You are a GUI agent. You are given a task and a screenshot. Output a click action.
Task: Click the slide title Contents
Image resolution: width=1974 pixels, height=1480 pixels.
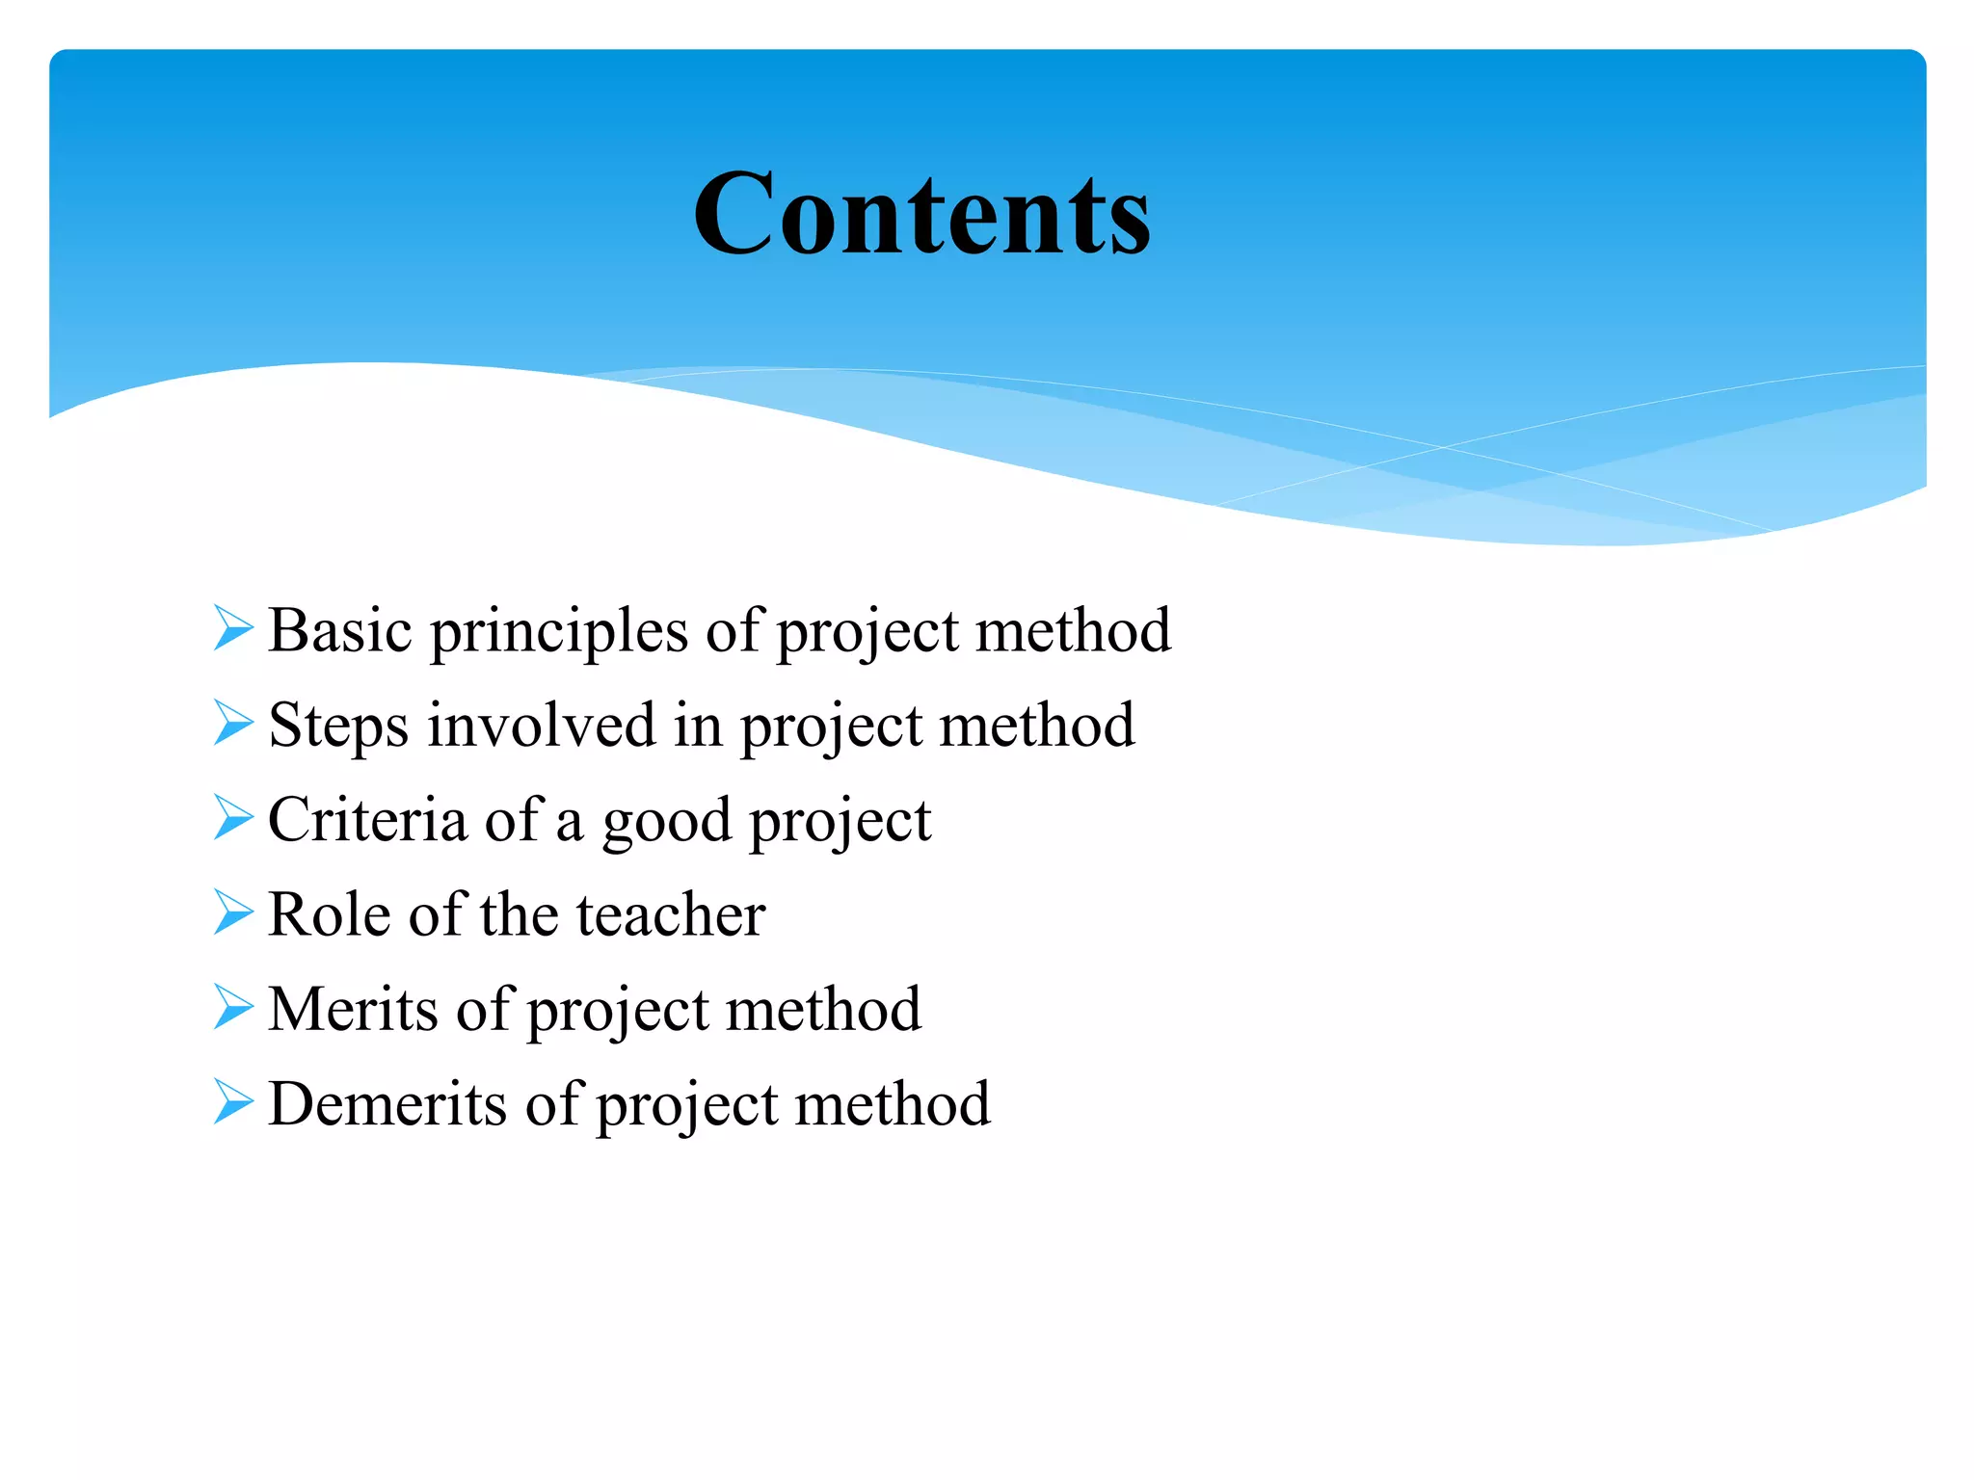[921, 214]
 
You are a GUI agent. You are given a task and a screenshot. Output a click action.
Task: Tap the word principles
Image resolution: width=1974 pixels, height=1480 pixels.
[559, 633]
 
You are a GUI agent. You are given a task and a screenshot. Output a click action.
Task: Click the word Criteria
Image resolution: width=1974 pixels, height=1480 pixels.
[366, 820]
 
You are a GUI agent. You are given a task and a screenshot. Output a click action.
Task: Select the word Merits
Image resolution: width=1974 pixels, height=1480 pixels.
[353, 1009]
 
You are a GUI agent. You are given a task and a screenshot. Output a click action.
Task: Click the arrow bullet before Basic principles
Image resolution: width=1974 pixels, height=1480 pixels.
[233, 628]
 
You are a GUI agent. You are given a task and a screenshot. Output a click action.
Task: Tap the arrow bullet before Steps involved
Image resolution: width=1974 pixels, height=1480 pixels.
[233, 723]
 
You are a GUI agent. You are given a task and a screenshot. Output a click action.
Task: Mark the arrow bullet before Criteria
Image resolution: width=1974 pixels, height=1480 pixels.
[233, 817]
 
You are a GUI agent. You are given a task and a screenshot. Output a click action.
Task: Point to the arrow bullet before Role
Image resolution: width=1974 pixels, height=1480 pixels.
[233, 912]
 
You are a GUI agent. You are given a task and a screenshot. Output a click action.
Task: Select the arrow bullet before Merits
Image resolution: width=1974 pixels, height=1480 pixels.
[233, 1006]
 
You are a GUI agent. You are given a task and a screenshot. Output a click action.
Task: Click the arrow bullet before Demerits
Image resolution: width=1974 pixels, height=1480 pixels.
[233, 1101]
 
